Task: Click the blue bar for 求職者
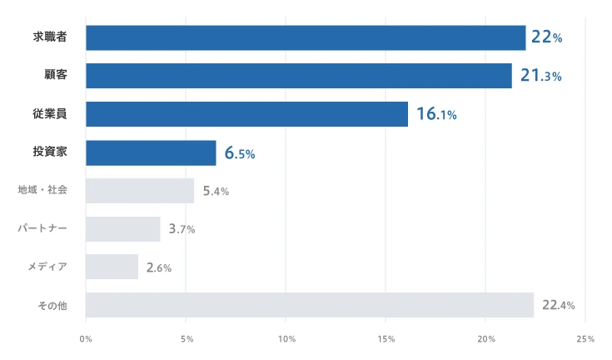pyautogui.click(x=306, y=37)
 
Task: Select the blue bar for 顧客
pyautogui.click(x=298, y=76)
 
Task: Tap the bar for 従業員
pyautogui.click(x=246, y=114)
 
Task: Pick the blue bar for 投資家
pyautogui.click(x=151, y=152)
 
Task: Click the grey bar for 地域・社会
pyautogui.click(x=139, y=191)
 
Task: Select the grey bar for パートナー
pyautogui.click(x=122, y=229)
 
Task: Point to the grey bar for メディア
pyautogui.click(x=112, y=267)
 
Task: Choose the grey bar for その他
pyautogui.click(x=309, y=305)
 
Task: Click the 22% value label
pyautogui.click(x=546, y=37)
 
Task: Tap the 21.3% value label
pyautogui.click(x=540, y=76)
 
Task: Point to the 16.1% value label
pyautogui.click(x=436, y=114)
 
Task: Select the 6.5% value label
pyautogui.click(x=239, y=153)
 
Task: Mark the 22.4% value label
pyautogui.click(x=558, y=306)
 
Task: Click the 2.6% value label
pyautogui.click(x=158, y=267)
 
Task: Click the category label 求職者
pyautogui.click(x=50, y=37)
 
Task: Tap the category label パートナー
pyautogui.click(x=42, y=227)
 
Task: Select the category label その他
pyautogui.click(x=52, y=305)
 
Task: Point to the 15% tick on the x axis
pyautogui.click(x=386, y=339)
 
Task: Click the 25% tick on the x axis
pyautogui.click(x=585, y=339)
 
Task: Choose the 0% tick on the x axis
pyautogui.click(x=86, y=339)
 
